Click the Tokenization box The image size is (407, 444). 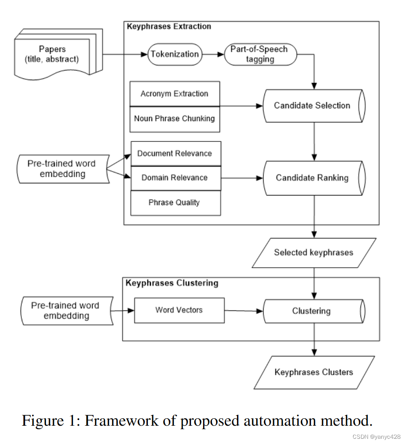[x=174, y=54]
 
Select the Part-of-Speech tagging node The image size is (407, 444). [x=260, y=54]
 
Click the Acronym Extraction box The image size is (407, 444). [x=174, y=94]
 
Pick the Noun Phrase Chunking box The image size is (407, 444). [x=174, y=119]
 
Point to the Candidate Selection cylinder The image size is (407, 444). [x=312, y=105]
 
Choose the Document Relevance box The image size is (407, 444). [x=175, y=153]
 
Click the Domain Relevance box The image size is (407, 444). [x=175, y=178]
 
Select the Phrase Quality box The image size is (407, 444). [x=175, y=202]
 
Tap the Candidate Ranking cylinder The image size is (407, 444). [x=312, y=178]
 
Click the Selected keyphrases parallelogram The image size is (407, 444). [x=314, y=252]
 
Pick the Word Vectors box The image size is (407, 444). [x=179, y=310]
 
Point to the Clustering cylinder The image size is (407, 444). [x=311, y=311]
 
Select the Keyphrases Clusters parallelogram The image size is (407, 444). [x=314, y=372]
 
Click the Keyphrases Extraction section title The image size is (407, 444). [x=169, y=27]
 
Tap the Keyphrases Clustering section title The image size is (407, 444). [x=172, y=283]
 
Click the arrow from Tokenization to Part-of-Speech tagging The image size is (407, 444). [x=213, y=54]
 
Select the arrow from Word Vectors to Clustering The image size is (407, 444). [x=244, y=311]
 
